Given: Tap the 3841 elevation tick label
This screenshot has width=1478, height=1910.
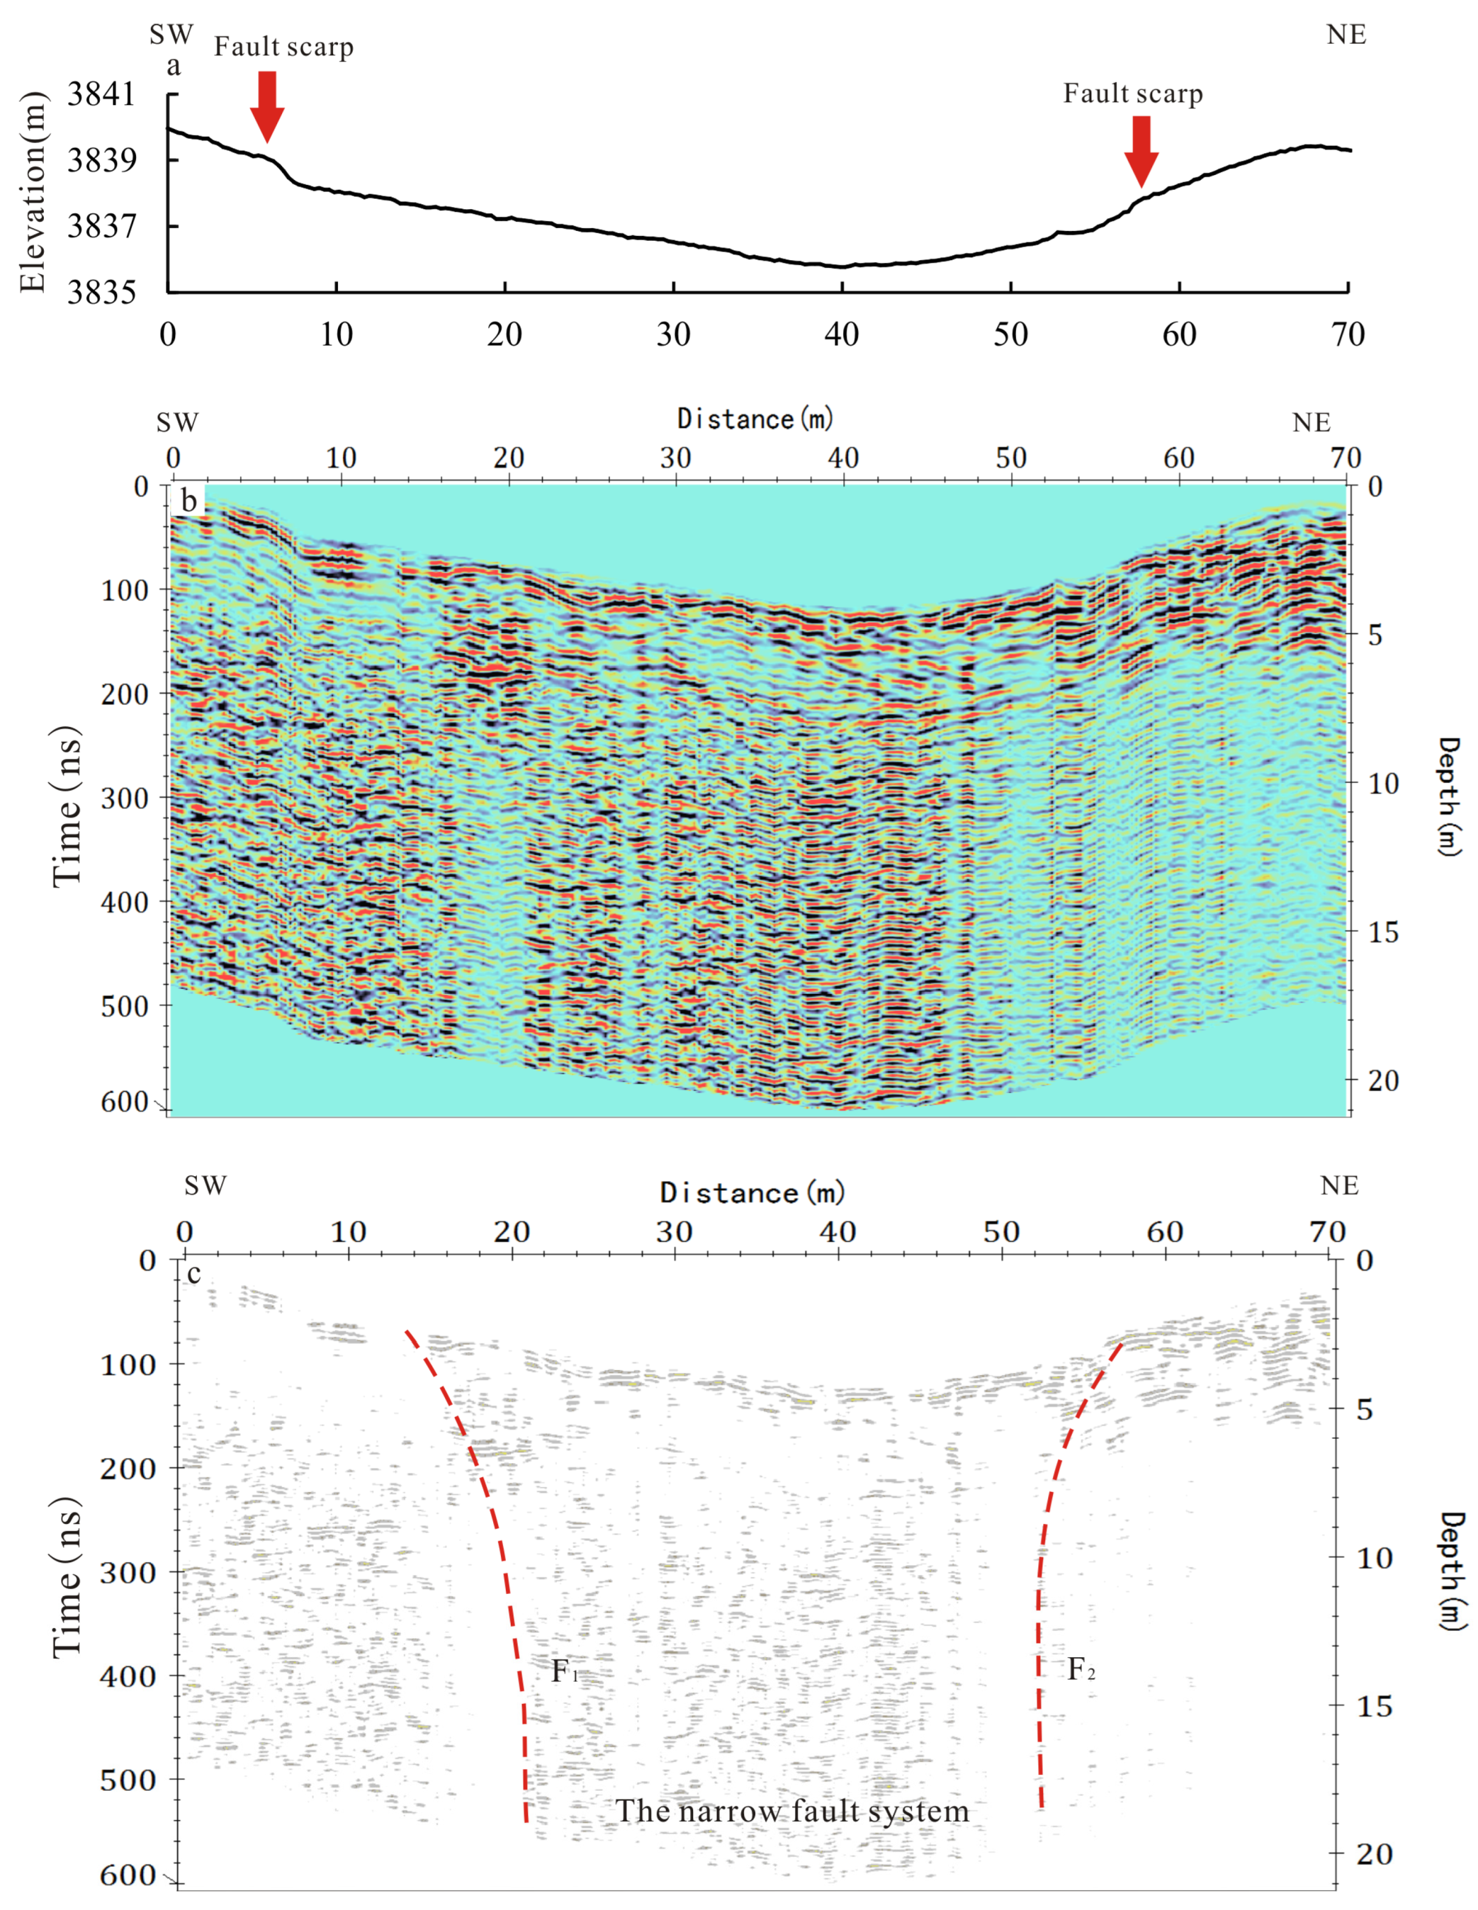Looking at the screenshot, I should pyautogui.click(x=102, y=94).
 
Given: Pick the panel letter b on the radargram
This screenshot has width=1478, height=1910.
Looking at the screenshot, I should pyautogui.click(x=188, y=500).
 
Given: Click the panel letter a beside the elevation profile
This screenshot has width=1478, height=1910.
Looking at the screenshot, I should pyautogui.click(x=173, y=66).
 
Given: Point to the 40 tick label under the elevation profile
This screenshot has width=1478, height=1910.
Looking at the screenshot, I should pyautogui.click(x=841, y=334).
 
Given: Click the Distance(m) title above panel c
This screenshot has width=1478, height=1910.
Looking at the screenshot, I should pyautogui.click(x=752, y=1193).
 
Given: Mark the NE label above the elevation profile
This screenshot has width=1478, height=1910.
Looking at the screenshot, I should pyautogui.click(x=1345, y=35).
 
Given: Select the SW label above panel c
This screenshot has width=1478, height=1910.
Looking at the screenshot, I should pyautogui.click(x=205, y=1186).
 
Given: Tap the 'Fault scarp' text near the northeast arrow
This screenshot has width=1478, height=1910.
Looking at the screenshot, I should pyautogui.click(x=1133, y=94).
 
